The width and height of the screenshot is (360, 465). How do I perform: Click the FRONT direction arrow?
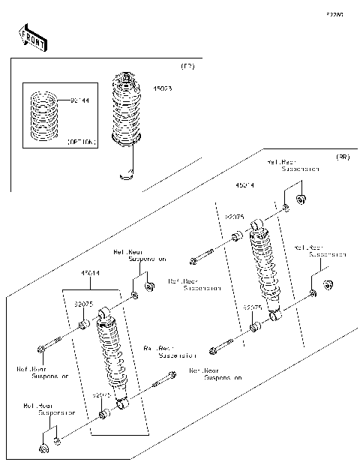coord(31,38)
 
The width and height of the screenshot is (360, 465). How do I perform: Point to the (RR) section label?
coord(342,158)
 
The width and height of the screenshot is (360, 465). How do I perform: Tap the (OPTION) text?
coord(82,141)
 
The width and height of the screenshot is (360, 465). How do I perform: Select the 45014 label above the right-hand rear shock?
coord(244,183)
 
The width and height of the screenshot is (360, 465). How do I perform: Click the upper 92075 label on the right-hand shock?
coord(235,216)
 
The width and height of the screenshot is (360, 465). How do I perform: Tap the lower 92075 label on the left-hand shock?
coord(102,394)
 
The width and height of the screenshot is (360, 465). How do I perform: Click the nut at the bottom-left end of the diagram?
coord(43,449)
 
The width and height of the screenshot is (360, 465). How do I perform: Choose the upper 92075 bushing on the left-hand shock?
coord(84,325)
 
